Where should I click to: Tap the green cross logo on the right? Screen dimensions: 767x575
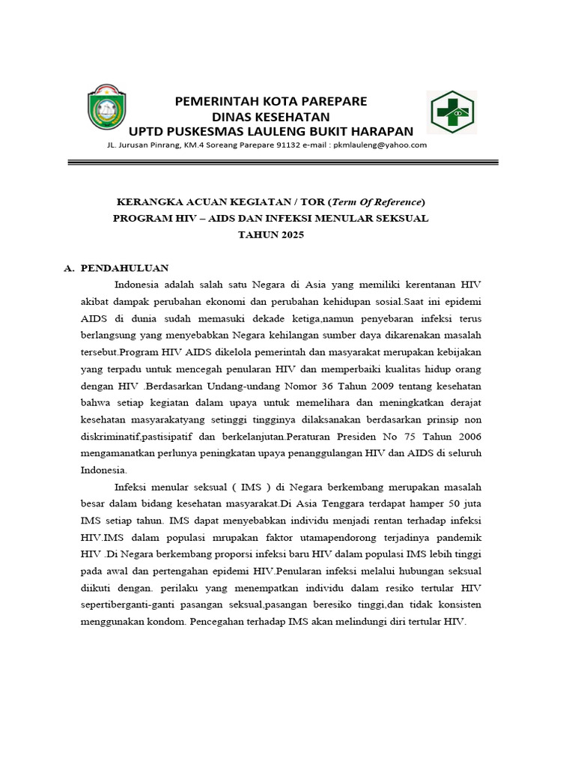point(451,113)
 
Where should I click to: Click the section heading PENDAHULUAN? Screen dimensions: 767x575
point(124,268)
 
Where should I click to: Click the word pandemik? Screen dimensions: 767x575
point(455,538)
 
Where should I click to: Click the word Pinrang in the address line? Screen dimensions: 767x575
point(158,145)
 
